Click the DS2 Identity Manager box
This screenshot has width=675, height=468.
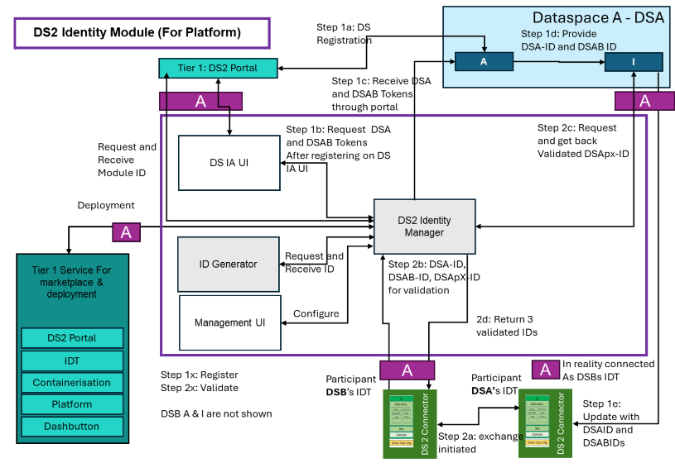tap(425, 225)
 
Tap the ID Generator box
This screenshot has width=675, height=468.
tap(229, 265)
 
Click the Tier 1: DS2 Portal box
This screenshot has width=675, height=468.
tap(219, 67)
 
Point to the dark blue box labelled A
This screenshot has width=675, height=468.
tap(485, 62)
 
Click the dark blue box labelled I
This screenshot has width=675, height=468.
tap(634, 62)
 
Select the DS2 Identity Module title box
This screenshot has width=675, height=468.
tap(142, 33)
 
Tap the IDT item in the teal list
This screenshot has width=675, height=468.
tap(73, 361)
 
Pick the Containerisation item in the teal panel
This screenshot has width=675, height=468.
tap(73, 383)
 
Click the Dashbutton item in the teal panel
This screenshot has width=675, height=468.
tap(73, 427)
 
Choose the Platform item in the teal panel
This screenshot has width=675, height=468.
tap(73, 404)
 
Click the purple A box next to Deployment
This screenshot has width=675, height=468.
tap(126, 232)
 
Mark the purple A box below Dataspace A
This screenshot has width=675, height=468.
tap(644, 100)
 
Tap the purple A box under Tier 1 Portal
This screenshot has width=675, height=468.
tap(200, 101)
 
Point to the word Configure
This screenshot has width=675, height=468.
tap(316, 314)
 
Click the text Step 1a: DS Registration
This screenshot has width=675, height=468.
tap(345, 33)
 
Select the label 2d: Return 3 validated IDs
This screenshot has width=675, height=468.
tap(506, 325)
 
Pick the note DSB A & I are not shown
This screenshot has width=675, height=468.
tap(215, 413)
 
